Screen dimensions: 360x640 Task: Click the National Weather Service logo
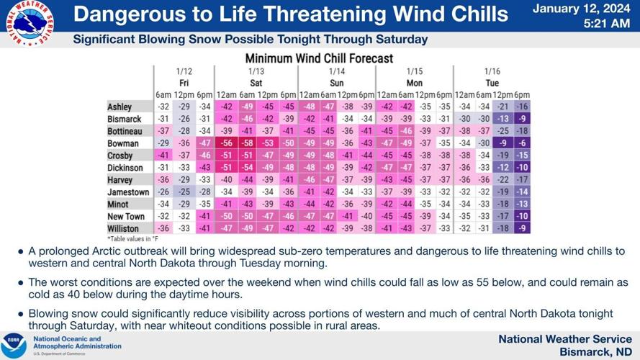pyautogui.click(x=29, y=24)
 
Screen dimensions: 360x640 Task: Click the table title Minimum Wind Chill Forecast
pyautogui.click(x=319, y=58)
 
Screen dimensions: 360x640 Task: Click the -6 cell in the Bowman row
pyautogui.click(x=522, y=143)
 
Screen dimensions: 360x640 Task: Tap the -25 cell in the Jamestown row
pyautogui.click(x=185, y=192)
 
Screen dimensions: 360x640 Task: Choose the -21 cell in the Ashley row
pyautogui.click(x=503, y=107)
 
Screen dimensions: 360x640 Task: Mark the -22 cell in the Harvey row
pyautogui.click(x=503, y=180)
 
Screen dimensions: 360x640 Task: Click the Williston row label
pyautogui.click(x=124, y=229)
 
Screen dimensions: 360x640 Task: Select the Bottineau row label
pyautogui.click(x=126, y=131)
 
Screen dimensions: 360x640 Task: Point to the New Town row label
pyautogui.click(x=126, y=217)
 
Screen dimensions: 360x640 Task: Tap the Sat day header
pyautogui.click(x=256, y=83)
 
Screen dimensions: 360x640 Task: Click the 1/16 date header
pyautogui.click(x=492, y=71)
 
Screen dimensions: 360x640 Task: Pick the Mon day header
pyautogui.click(x=415, y=83)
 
